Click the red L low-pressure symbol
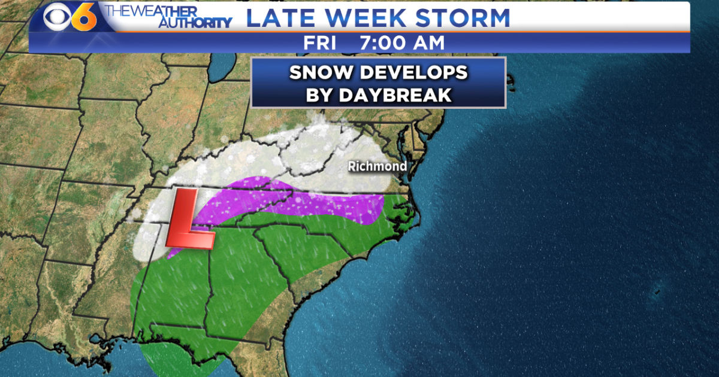pyautogui.click(x=189, y=220)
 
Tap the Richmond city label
pyautogui.click(x=377, y=166)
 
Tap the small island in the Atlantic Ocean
pyautogui.click(x=658, y=291)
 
